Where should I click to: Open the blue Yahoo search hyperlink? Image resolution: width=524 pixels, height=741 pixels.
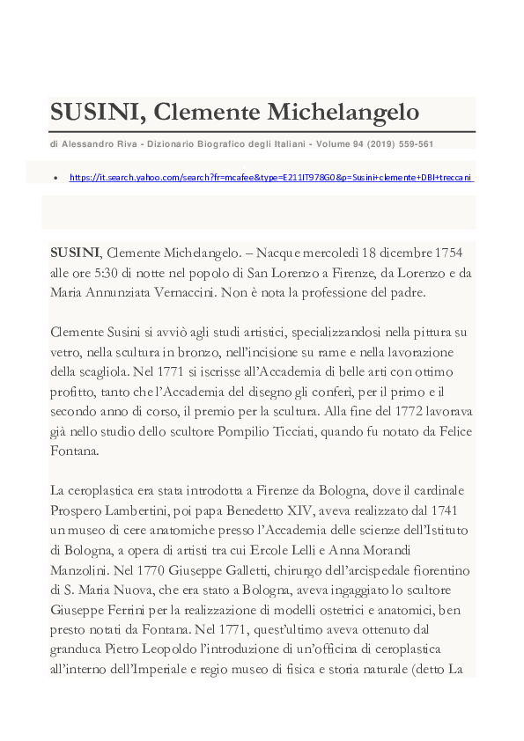(x=270, y=177)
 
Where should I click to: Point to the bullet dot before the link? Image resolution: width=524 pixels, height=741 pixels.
(x=55, y=178)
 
